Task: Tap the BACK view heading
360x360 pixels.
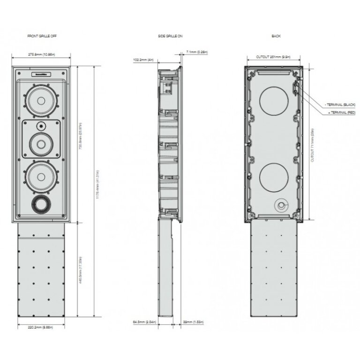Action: click(x=276, y=36)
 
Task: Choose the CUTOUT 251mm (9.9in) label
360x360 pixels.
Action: click(x=274, y=57)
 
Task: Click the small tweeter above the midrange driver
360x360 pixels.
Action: click(x=41, y=125)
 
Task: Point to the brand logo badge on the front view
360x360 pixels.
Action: click(x=41, y=74)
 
